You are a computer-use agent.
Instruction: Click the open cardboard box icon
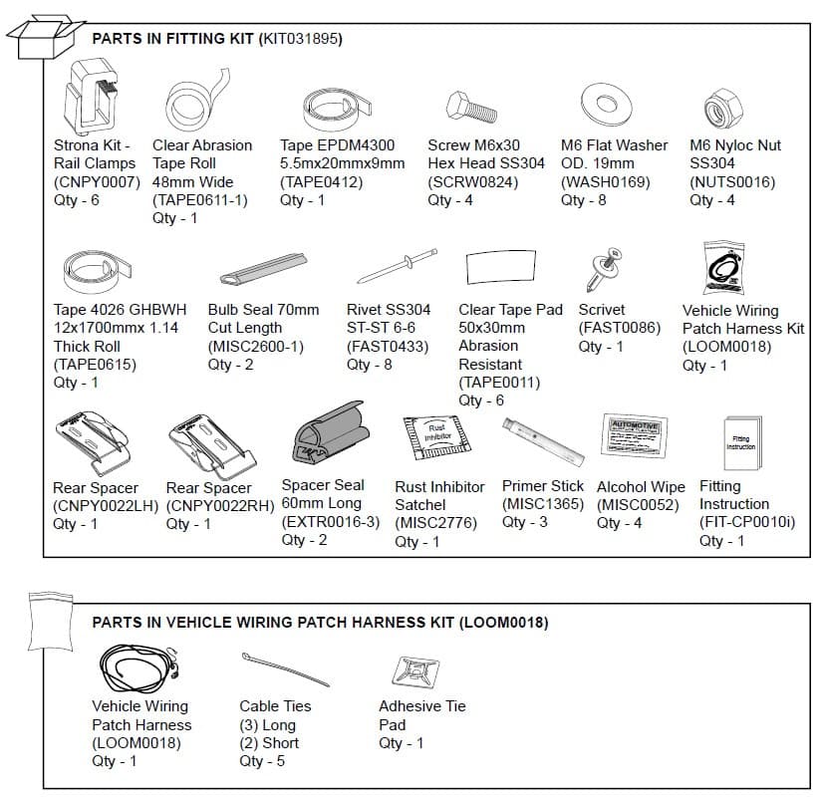(x=41, y=38)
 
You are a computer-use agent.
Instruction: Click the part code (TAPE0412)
(x=322, y=181)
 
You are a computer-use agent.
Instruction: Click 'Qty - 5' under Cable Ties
(x=262, y=761)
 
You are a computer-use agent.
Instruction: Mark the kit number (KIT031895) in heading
(x=300, y=39)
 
